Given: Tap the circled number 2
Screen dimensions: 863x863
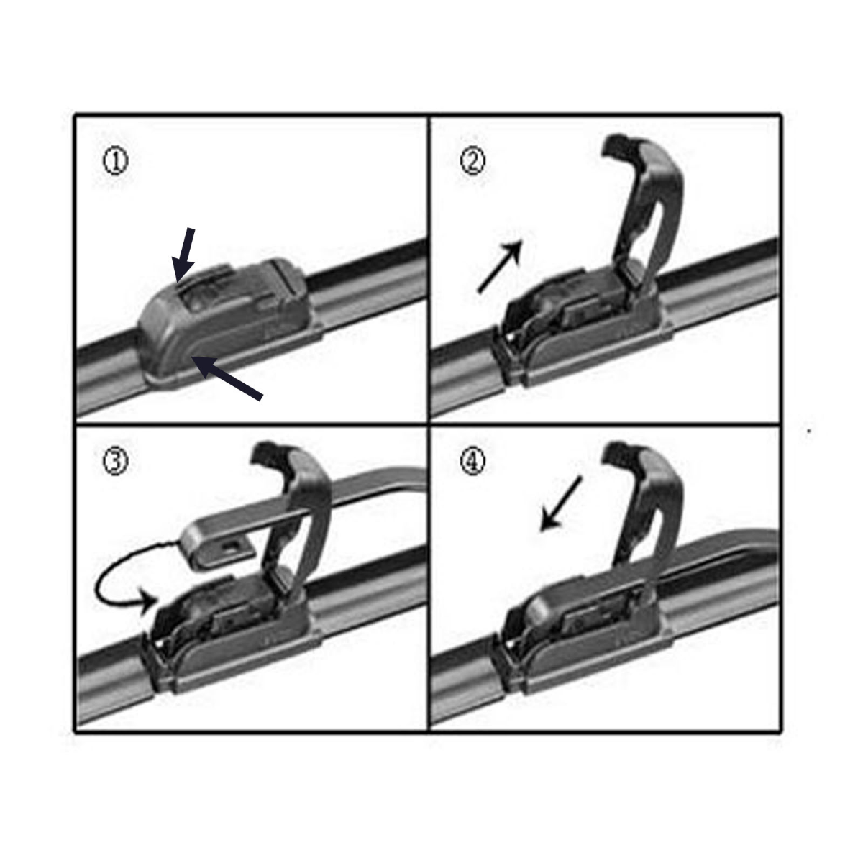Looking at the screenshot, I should [x=472, y=163].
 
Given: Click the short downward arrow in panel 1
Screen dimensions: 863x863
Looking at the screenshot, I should [x=184, y=254].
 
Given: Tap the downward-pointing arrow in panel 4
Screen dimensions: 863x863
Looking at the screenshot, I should [x=561, y=503].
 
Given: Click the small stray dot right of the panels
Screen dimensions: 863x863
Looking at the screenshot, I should [x=810, y=431].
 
